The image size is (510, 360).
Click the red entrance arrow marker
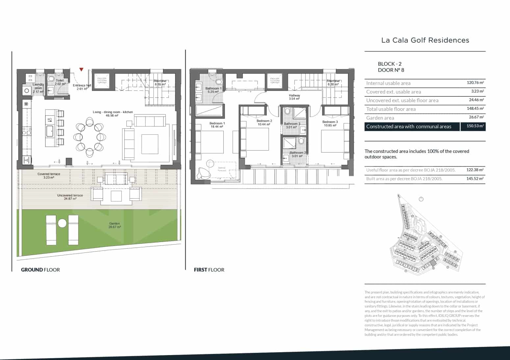point(81,69)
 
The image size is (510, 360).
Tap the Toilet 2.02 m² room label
point(60,82)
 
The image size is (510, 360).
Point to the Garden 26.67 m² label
point(115,225)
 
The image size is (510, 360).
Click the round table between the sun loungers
point(62,224)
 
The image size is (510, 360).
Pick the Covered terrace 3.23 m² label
point(49,176)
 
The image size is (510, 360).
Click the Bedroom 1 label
point(217,125)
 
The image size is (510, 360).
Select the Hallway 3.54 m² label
point(294,97)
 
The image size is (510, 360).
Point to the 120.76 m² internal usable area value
point(475,83)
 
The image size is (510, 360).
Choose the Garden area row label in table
point(380,118)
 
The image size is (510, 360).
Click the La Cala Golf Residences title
point(425,40)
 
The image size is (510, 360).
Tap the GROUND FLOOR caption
point(40,270)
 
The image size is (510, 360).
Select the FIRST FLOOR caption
point(209,270)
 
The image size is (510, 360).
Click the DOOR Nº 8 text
point(391,70)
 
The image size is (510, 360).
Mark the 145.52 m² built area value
point(475,179)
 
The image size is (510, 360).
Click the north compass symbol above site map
point(421,199)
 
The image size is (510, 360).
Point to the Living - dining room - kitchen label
point(113,114)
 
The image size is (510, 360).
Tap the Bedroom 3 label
point(330,124)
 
